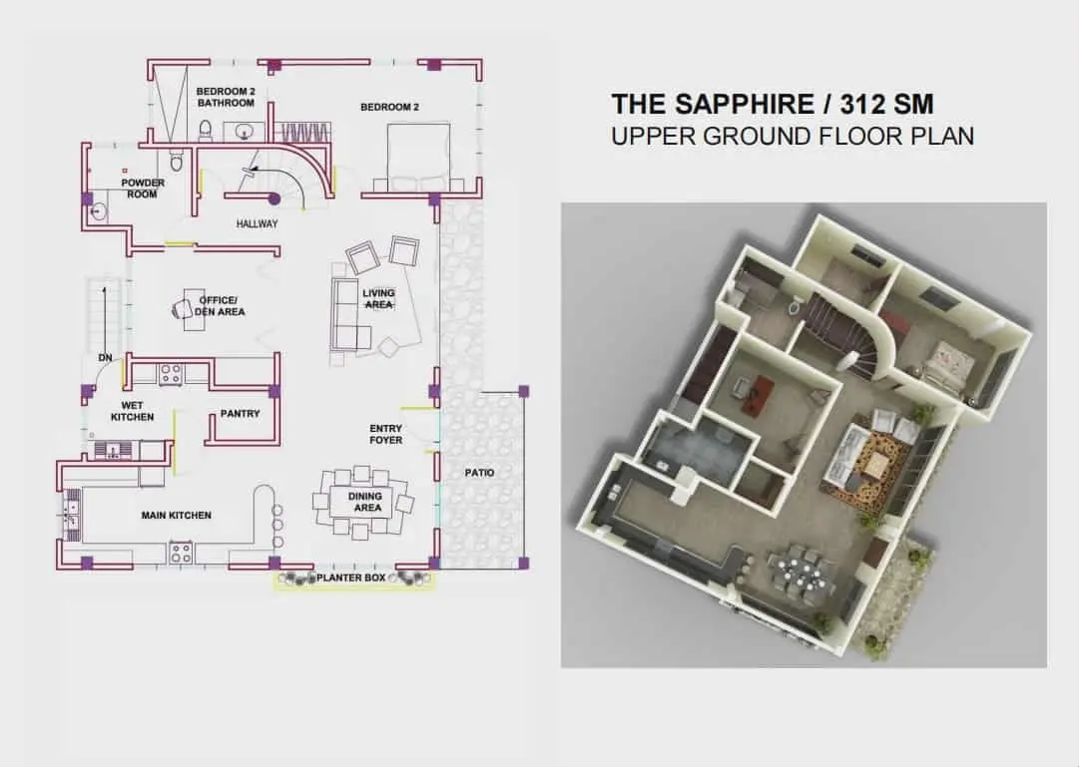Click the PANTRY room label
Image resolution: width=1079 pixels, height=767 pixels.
click(241, 414)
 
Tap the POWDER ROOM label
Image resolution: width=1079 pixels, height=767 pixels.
click(143, 189)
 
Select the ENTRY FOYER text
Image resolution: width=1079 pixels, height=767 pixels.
click(386, 434)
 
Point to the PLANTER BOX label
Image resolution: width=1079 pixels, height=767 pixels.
click(351, 577)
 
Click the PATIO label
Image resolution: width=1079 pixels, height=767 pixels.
click(479, 473)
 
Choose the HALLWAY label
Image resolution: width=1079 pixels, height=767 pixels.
click(257, 223)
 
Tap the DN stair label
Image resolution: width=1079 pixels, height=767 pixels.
click(105, 358)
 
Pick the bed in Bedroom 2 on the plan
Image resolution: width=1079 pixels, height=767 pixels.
click(418, 157)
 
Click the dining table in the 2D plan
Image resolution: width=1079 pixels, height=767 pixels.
click(363, 502)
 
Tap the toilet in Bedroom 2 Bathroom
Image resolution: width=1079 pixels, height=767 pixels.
click(205, 130)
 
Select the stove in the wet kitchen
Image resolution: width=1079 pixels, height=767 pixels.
click(170, 374)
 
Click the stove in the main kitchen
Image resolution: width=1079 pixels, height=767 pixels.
click(181, 553)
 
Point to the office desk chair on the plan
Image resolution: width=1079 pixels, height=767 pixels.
click(183, 309)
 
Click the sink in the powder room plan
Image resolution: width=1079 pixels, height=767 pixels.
click(99, 211)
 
